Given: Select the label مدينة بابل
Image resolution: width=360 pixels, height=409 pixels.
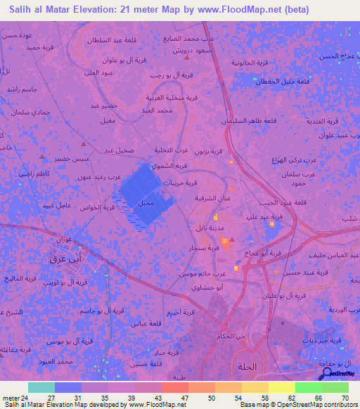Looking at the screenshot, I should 212,229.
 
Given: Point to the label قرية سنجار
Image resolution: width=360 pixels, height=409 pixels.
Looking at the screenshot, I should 201,248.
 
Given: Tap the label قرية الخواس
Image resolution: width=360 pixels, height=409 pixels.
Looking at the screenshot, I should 98,207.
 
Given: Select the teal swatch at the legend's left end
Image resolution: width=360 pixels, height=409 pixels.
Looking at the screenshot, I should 41,387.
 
